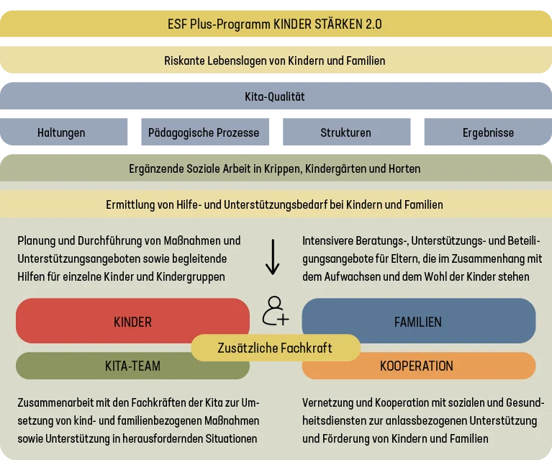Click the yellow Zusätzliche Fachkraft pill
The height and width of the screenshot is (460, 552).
(x=276, y=348)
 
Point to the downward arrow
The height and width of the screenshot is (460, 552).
(x=273, y=257)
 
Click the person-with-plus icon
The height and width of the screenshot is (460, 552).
(x=275, y=311)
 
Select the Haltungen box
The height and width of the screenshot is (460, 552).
(x=63, y=132)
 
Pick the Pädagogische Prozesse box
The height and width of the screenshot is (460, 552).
(x=205, y=132)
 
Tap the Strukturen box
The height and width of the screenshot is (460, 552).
(x=347, y=132)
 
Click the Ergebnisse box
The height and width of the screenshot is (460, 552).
(x=488, y=132)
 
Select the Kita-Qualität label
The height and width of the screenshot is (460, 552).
(x=275, y=96)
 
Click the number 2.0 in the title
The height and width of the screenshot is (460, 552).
(x=374, y=24)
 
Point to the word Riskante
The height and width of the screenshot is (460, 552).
(x=184, y=60)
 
